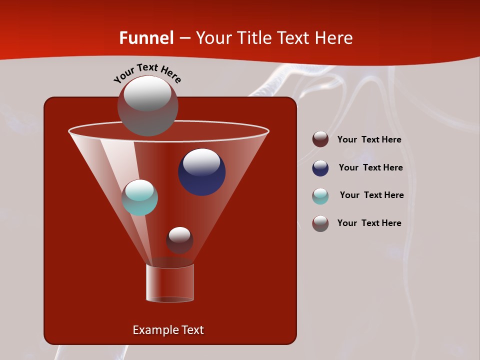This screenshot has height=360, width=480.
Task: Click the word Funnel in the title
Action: tap(146, 38)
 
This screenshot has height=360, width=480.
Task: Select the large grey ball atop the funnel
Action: tap(147, 106)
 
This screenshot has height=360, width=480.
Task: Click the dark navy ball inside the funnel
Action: tap(202, 172)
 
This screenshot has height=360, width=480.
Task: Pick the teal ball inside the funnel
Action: tap(140, 197)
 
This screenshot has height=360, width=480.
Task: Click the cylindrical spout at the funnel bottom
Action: tap(170, 283)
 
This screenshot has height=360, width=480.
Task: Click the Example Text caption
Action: tap(168, 330)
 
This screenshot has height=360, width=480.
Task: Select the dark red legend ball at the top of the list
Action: tap(320, 139)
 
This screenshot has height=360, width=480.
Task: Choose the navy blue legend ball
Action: tap(320, 168)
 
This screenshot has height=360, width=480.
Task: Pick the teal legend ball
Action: tap(320, 196)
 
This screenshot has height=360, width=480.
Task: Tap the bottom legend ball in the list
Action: tap(320, 223)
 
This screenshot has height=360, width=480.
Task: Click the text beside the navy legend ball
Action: tap(370, 167)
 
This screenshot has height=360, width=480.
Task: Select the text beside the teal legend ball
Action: tap(371, 195)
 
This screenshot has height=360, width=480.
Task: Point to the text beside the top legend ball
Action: tap(369, 139)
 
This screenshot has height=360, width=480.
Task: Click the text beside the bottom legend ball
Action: tap(369, 223)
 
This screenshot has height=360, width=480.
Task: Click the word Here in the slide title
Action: tap(334, 38)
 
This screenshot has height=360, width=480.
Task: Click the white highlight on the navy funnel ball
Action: tap(202, 162)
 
